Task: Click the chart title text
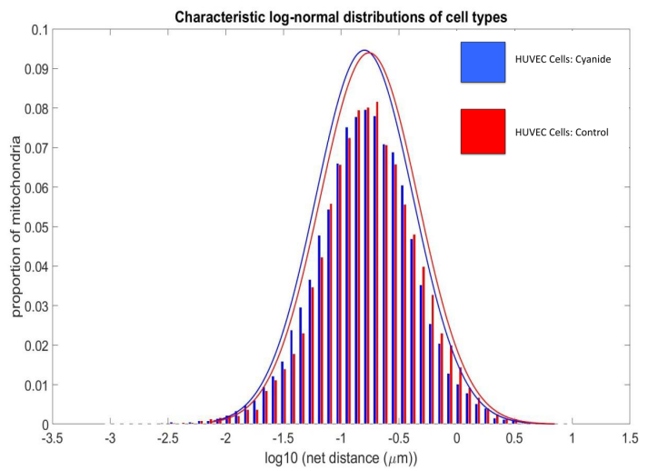(x=341, y=17)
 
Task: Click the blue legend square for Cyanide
(x=483, y=62)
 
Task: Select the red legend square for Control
(x=483, y=132)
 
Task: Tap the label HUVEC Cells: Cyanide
(x=563, y=59)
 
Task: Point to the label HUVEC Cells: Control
(x=562, y=132)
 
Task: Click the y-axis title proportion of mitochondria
(x=15, y=226)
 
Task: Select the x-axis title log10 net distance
(x=341, y=457)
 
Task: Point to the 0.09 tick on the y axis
(x=36, y=69)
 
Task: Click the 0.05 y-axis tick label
(x=36, y=227)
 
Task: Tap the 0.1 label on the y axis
(x=40, y=30)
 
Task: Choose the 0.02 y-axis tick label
(x=36, y=346)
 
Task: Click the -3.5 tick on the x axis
(x=52, y=438)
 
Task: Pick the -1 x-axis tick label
(x=341, y=438)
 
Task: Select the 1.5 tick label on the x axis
(x=630, y=438)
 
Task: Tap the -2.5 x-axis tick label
(x=168, y=438)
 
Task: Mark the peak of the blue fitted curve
(x=364, y=50)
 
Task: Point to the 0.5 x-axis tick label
(x=514, y=438)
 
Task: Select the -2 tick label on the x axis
(x=225, y=438)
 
